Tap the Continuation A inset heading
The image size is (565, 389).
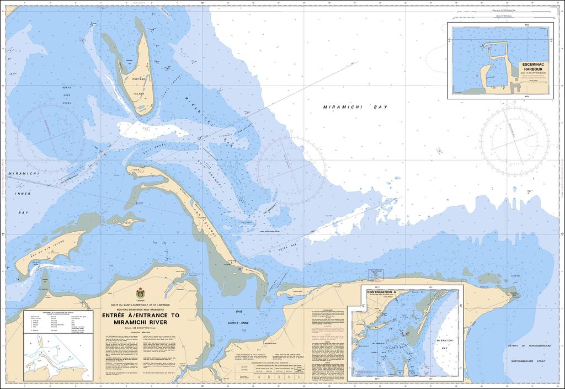pos(382,291)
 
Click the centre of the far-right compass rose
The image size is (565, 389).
pos(514,136)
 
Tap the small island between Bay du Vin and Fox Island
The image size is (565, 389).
pos(126,220)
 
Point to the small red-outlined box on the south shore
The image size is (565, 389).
pos(375,275)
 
